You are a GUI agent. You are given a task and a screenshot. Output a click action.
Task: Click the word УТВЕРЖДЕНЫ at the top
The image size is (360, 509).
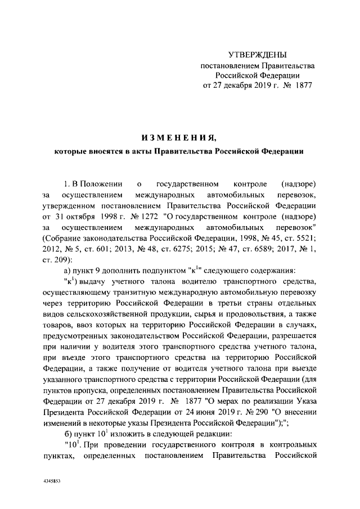258,55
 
